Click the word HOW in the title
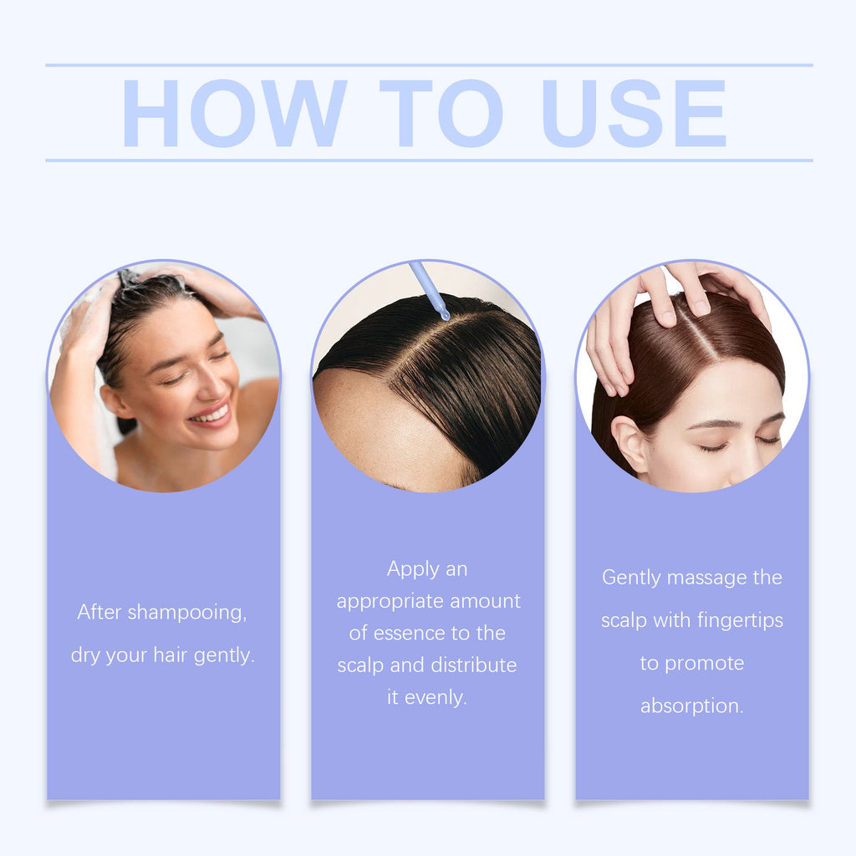coord(234,114)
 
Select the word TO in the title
coord(441,114)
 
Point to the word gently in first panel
coord(224,655)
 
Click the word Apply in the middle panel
coord(412,569)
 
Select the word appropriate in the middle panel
coord(390,601)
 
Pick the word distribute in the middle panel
coord(473,665)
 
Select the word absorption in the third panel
coord(692,706)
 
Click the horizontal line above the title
coord(428,65)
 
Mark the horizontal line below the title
coord(428,160)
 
